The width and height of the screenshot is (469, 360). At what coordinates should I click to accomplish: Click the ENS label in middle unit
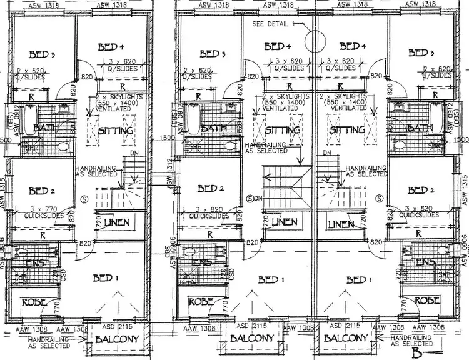(x=201, y=262)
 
